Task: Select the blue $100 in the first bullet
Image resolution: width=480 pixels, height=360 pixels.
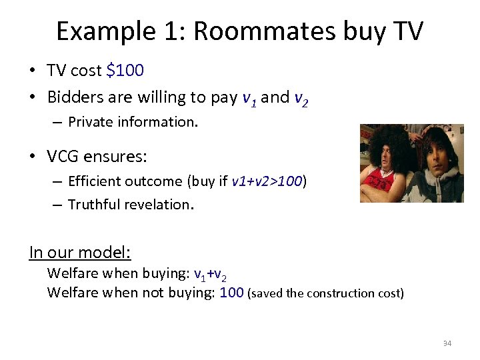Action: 125,70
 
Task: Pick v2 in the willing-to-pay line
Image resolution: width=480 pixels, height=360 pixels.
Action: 301,98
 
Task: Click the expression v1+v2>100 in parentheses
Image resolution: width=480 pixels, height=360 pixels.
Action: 267,181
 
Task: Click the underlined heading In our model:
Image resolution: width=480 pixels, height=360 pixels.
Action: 80,253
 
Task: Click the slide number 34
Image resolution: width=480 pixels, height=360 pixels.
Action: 447,344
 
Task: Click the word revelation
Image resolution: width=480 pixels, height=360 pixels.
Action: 161,205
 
